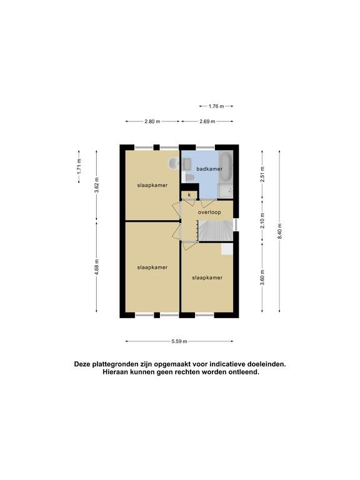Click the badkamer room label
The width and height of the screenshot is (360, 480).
point(209,169)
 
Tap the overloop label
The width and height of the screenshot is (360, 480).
point(209,212)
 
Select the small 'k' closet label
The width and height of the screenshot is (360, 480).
point(189,195)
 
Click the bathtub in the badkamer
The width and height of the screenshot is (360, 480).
point(226,167)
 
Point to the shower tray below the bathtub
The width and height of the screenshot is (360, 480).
point(226,192)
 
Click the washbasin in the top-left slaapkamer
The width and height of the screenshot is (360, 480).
point(173,164)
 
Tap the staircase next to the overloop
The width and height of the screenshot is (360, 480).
point(215,231)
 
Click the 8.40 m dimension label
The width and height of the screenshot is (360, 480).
point(279,232)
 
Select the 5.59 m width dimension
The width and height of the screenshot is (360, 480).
point(179,341)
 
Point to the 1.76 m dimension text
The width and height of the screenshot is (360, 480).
point(216,106)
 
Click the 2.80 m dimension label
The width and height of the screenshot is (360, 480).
point(152,121)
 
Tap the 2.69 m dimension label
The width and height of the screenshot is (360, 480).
point(207,121)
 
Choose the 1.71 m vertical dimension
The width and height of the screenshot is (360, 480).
point(79,166)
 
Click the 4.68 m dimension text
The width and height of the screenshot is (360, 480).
point(97,267)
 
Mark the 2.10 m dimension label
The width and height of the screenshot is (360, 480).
point(262,221)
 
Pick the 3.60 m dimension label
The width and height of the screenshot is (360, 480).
point(262,277)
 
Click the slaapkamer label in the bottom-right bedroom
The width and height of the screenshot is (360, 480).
point(207,277)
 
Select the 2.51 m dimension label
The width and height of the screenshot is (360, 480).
point(262,174)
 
